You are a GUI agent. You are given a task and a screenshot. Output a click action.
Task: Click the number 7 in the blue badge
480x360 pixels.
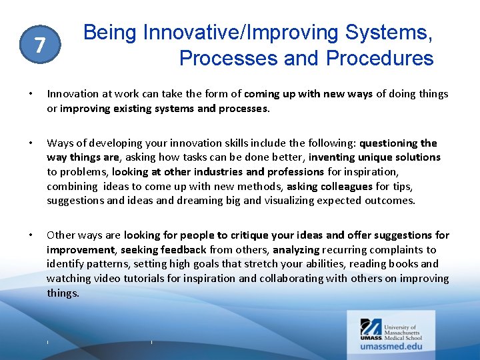pos(40,45)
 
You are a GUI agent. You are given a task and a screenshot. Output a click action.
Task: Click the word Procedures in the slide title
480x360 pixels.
pos(379,58)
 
